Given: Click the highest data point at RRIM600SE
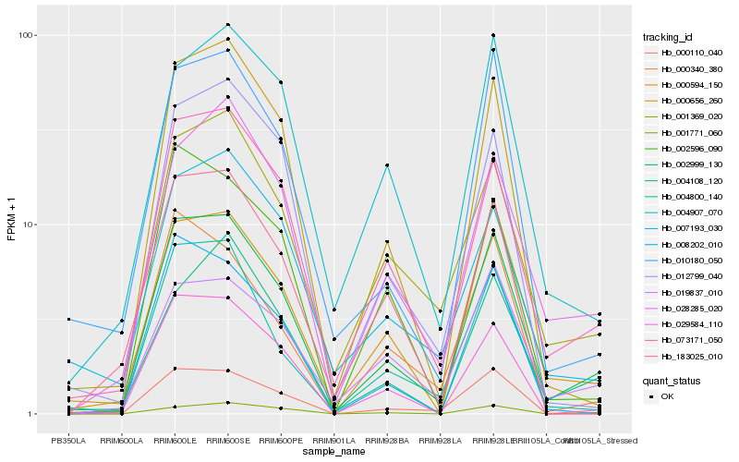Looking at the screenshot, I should click(228, 25).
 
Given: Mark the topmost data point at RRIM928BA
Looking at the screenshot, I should click(387, 165).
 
